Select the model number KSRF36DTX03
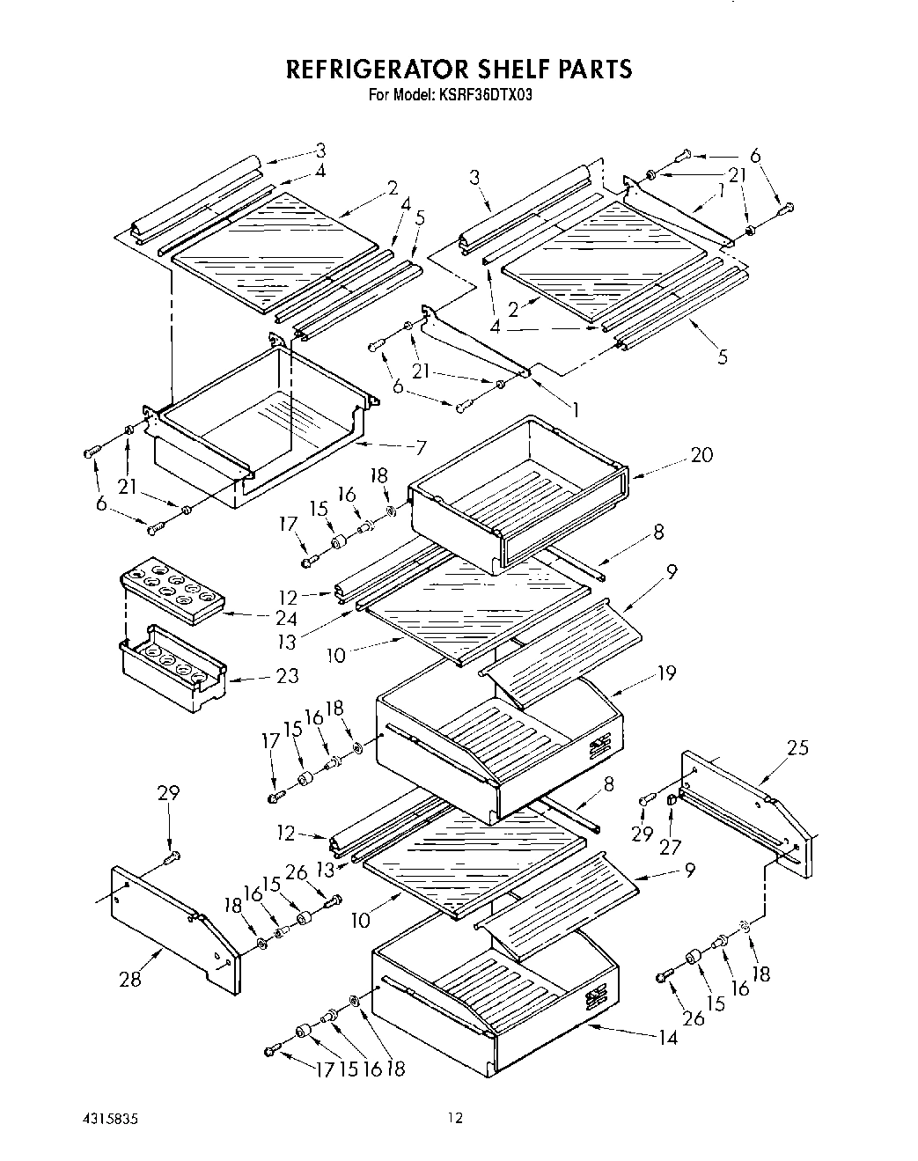[x=488, y=94]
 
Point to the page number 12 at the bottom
[x=454, y=1119]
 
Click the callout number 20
[x=701, y=454]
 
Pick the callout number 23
[x=286, y=676]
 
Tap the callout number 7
[x=420, y=446]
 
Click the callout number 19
[x=666, y=672]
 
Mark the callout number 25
[x=797, y=748]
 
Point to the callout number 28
[x=130, y=978]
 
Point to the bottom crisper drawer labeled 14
[x=493, y=1003]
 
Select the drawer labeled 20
[x=519, y=493]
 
